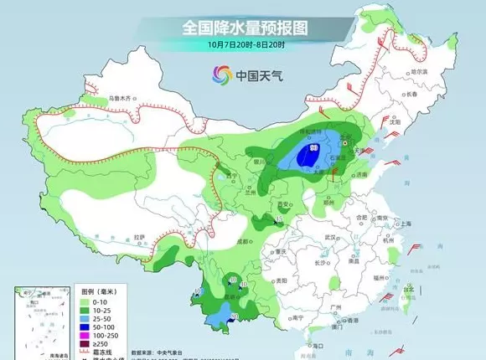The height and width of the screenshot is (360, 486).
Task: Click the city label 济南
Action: pos(361,175)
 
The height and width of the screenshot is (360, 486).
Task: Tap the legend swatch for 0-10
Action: pos(85,298)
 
